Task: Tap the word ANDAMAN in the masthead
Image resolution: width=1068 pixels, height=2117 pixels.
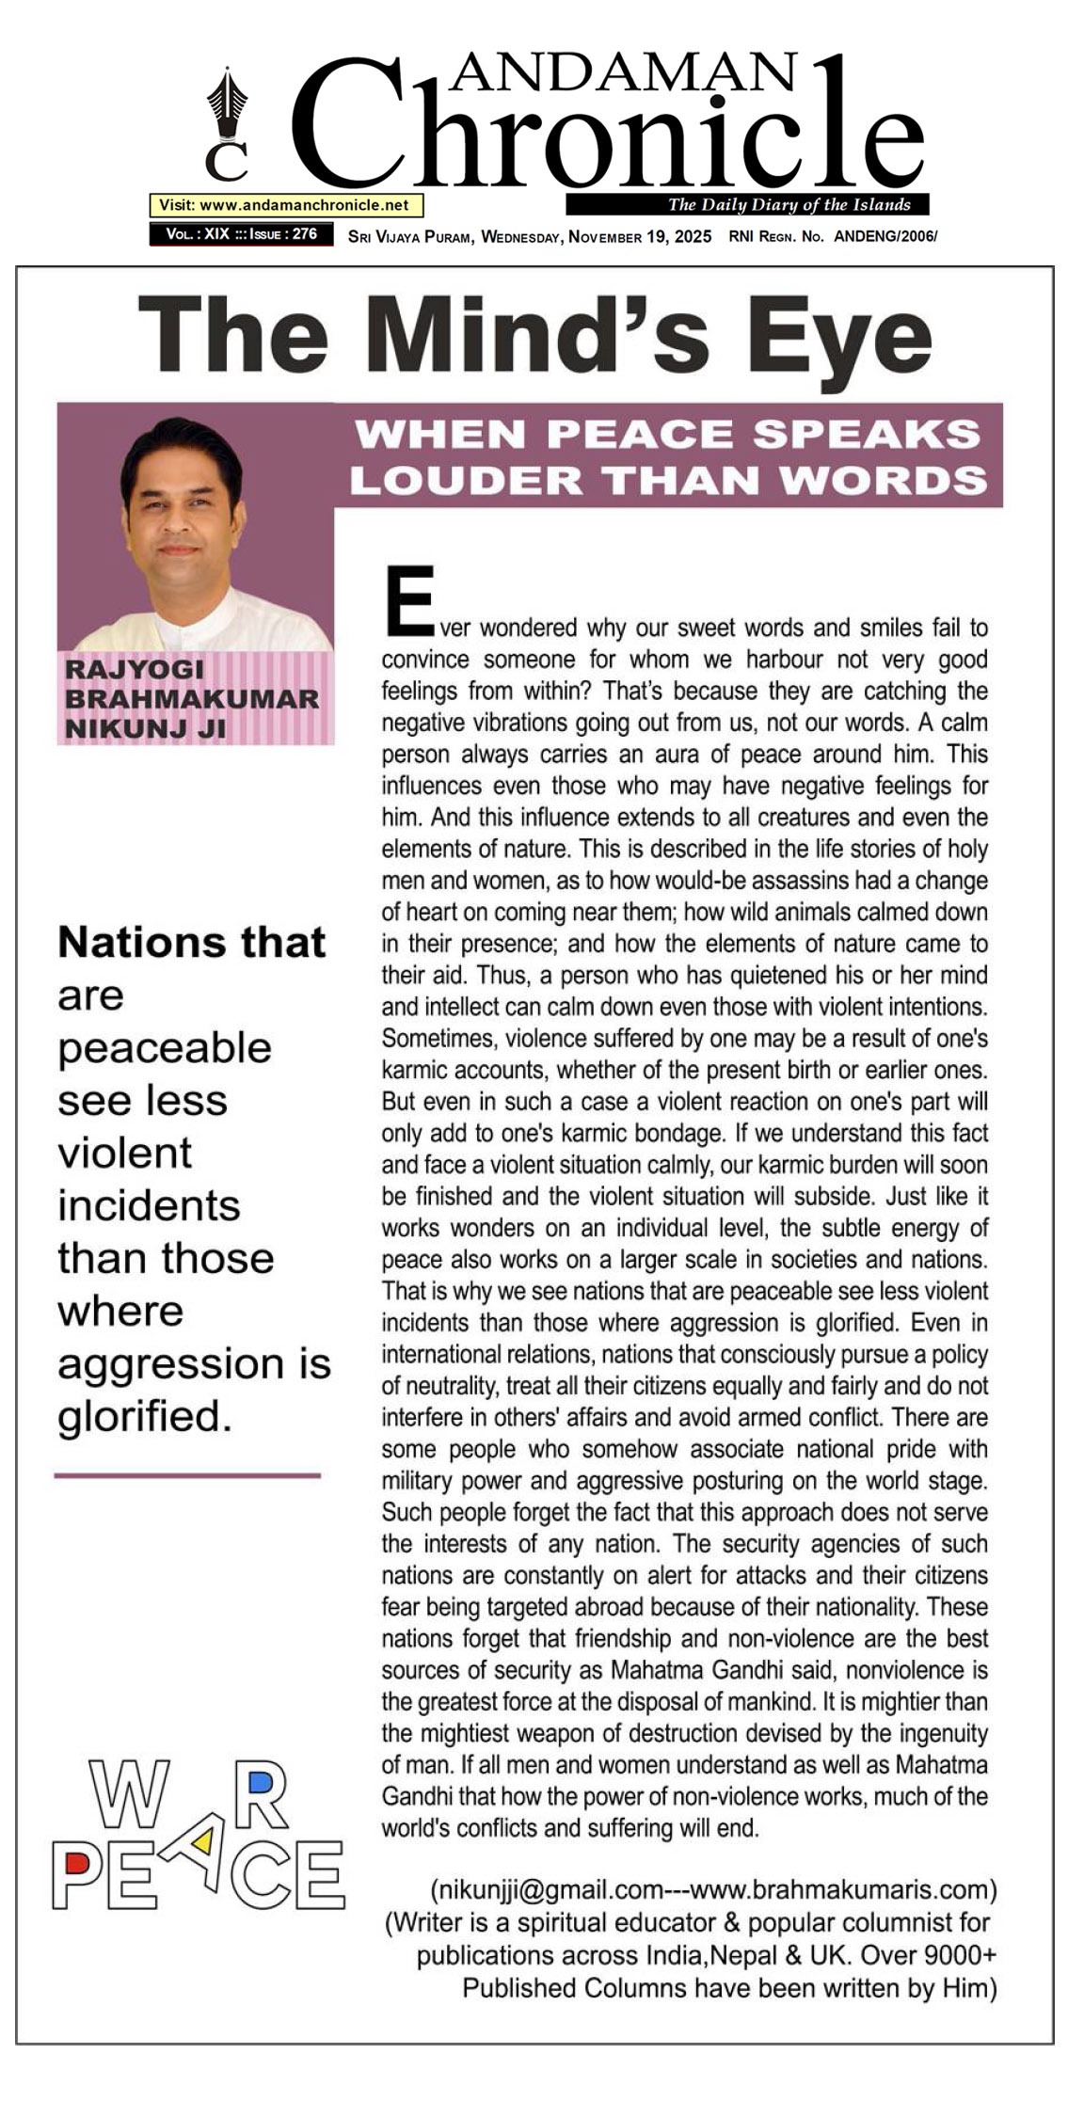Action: pos(622,72)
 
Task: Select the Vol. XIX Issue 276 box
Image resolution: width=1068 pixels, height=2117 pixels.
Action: pos(241,234)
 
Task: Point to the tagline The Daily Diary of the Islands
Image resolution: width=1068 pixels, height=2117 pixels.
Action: pos(789,205)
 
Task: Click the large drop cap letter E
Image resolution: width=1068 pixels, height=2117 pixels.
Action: pos(408,599)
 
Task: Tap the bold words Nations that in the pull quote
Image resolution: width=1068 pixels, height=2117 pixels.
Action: pos(192,943)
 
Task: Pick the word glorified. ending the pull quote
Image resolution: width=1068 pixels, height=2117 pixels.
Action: pos(144,1416)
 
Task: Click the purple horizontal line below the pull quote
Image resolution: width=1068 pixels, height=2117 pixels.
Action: pos(187,1475)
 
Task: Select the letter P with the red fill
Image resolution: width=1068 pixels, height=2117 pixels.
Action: pos(78,1874)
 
